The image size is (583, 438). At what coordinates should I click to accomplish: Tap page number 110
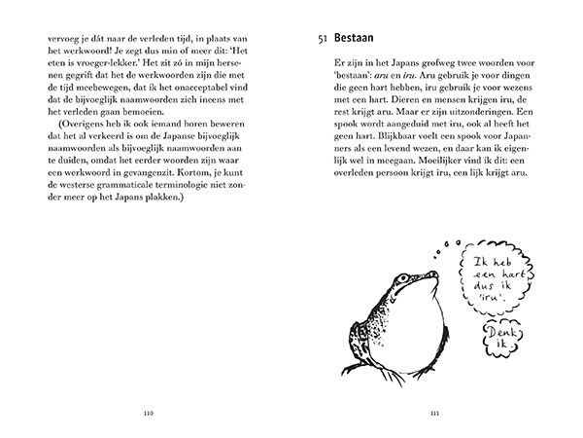point(148,412)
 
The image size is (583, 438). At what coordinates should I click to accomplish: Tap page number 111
point(433,412)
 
